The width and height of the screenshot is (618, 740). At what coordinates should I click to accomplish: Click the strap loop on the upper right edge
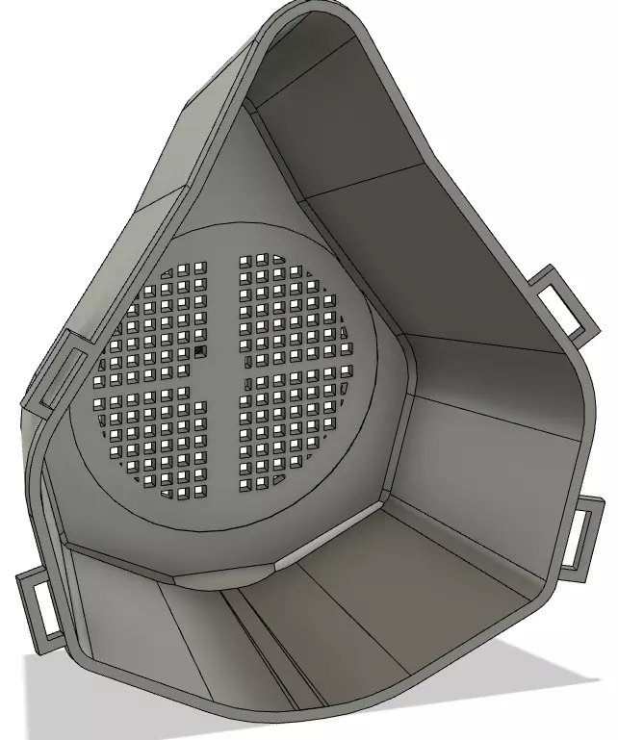point(562,301)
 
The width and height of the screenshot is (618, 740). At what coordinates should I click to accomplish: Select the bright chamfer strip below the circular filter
point(322,549)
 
